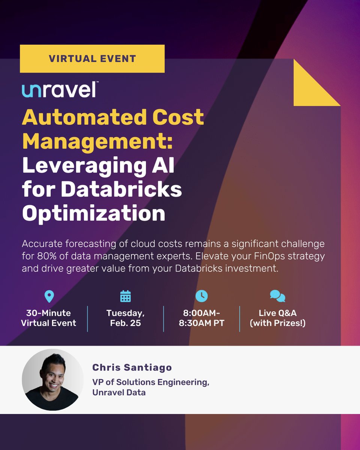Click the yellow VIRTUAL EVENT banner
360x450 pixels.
click(92, 58)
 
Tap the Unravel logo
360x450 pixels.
click(60, 90)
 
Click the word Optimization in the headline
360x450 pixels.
click(93, 213)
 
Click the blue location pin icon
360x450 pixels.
click(49, 296)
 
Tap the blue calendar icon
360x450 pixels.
click(125, 296)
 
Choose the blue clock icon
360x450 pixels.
click(201, 296)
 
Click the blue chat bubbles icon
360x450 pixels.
click(277, 296)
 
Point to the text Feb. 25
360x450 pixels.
click(125, 323)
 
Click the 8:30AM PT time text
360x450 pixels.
click(202, 323)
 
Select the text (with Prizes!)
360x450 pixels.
click(278, 323)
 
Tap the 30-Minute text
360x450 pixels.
click(49, 313)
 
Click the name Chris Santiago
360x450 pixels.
click(132, 367)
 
